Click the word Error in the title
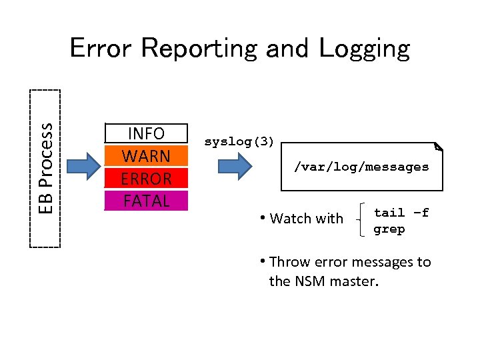pyautogui.click(x=101, y=48)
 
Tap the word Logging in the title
pyautogui.click(x=364, y=49)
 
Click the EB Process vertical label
pyautogui.click(x=45, y=168)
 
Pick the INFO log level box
pyautogui.click(x=146, y=133)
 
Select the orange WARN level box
pyautogui.click(x=146, y=156)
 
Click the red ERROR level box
pyautogui.click(x=146, y=179)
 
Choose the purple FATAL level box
pyautogui.click(x=146, y=201)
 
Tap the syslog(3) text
pyautogui.click(x=239, y=142)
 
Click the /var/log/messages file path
pyautogui.click(x=361, y=167)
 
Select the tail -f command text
pyautogui.click(x=401, y=213)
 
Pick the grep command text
pyautogui.click(x=389, y=229)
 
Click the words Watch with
pyautogui.click(x=307, y=219)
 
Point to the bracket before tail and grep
pyautogui.click(x=361, y=220)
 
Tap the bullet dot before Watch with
pyautogui.click(x=264, y=219)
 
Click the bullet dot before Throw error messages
pyautogui.click(x=264, y=262)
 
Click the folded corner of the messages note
pyautogui.click(x=437, y=146)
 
